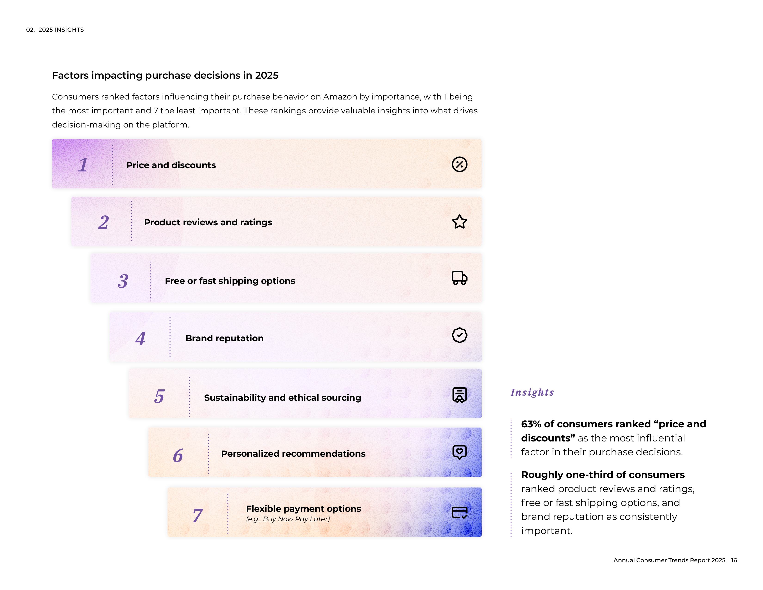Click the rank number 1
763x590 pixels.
(x=83, y=165)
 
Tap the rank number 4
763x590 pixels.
(x=140, y=338)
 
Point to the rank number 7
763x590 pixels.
(x=197, y=515)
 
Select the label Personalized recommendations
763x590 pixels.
(x=293, y=454)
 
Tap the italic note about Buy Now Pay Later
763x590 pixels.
(x=288, y=519)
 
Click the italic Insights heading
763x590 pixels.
(x=532, y=392)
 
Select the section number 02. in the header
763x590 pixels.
(x=30, y=30)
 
